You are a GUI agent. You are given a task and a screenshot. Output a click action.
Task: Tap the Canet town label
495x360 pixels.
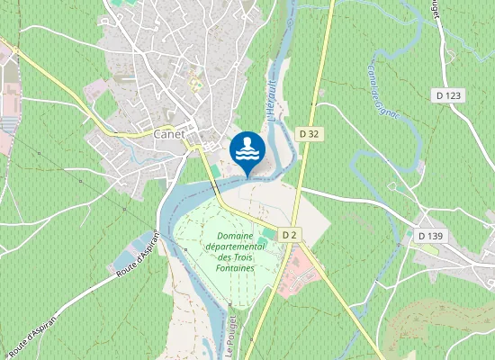(x=169, y=134)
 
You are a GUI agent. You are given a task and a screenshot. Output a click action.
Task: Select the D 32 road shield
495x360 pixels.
(x=308, y=133)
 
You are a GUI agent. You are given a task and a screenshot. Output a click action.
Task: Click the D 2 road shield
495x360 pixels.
(x=289, y=234)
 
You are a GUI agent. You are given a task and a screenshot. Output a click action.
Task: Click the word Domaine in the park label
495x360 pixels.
(x=235, y=235)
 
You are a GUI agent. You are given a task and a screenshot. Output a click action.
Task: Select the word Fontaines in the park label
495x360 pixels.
(x=235, y=268)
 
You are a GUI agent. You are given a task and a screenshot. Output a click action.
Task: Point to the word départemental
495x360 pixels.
(x=235, y=246)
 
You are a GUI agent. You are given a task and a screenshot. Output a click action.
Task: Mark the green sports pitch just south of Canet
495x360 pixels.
(x=216, y=171)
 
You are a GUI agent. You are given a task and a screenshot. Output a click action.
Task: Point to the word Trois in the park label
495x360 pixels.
(x=235, y=257)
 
